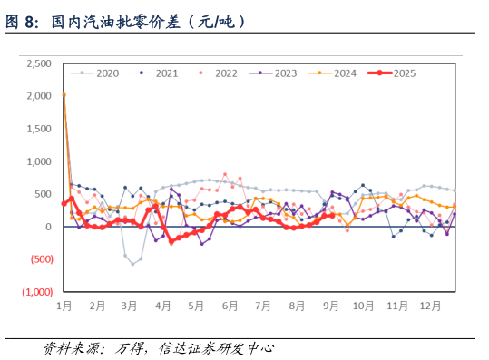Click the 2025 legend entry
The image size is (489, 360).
(x=400, y=73)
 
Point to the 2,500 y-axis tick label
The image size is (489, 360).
(x=38, y=63)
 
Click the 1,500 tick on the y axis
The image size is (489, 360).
(x=38, y=129)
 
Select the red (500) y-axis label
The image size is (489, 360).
(x=37, y=259)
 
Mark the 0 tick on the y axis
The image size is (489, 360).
(x=48, y=227)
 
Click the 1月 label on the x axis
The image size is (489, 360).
(x=64, y=306)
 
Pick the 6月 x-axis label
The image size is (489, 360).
(x=230, y=306)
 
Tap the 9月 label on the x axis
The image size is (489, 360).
(x=331, y=306)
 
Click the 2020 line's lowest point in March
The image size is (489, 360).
(x=133, y=264)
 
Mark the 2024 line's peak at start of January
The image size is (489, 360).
(x=64, y=94)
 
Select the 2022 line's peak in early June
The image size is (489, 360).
(x=225, y=174)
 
